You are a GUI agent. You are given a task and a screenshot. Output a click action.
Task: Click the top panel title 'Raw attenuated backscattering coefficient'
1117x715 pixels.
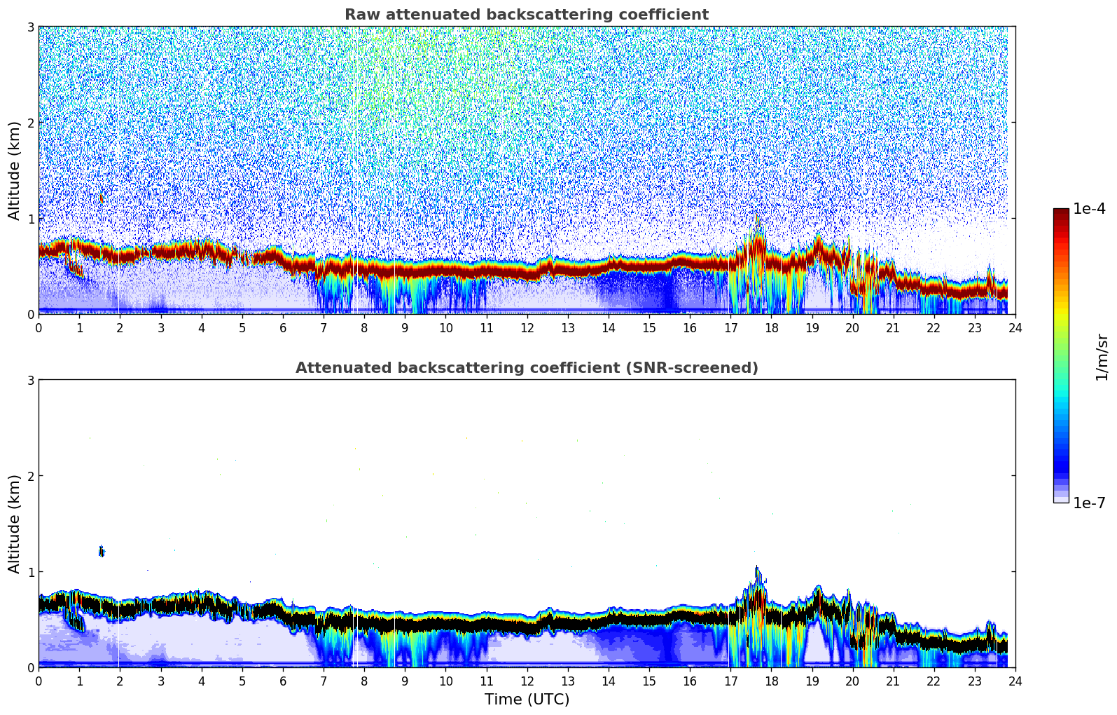[526, 15]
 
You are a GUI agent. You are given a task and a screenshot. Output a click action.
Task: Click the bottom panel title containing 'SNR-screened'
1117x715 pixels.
[526, 368]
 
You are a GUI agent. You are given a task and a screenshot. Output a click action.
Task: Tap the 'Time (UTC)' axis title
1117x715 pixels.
[527, 699]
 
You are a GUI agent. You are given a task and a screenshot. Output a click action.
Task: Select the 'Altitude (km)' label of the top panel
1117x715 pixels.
[14, 170]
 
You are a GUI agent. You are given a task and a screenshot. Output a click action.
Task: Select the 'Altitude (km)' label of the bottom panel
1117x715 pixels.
[14, 524]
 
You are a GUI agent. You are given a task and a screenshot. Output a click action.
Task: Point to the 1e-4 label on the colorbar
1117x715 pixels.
[1089, 209]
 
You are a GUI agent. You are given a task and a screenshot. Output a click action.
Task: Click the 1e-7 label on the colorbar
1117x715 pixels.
[1089, 503]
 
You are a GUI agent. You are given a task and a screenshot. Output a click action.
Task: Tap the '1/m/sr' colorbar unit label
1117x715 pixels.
[1102, 357]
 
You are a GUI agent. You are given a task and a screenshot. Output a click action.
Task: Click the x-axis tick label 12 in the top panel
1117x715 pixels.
[527, 327]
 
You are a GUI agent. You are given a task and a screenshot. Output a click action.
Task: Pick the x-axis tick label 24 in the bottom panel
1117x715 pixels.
[1015, 681]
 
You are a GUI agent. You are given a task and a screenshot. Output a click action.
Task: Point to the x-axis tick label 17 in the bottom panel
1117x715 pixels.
[730, 681]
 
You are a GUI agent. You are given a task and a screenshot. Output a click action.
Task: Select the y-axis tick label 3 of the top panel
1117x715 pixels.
[30, 27]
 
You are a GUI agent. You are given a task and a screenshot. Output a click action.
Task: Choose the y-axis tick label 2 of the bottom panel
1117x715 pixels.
[30, 476]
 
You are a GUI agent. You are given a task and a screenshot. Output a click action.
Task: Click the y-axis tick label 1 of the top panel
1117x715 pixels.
[30, 219]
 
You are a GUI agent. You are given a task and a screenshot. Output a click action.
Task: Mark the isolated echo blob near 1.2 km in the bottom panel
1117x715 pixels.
[102, 552]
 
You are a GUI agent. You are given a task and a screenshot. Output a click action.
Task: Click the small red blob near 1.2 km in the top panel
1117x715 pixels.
[102, 199]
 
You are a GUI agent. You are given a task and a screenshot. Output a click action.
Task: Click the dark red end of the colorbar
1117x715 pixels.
[1060, 212]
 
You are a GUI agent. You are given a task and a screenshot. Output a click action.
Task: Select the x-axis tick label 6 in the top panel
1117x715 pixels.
[283, 327]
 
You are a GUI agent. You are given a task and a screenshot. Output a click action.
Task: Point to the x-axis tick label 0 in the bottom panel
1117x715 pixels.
[39, 681]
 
